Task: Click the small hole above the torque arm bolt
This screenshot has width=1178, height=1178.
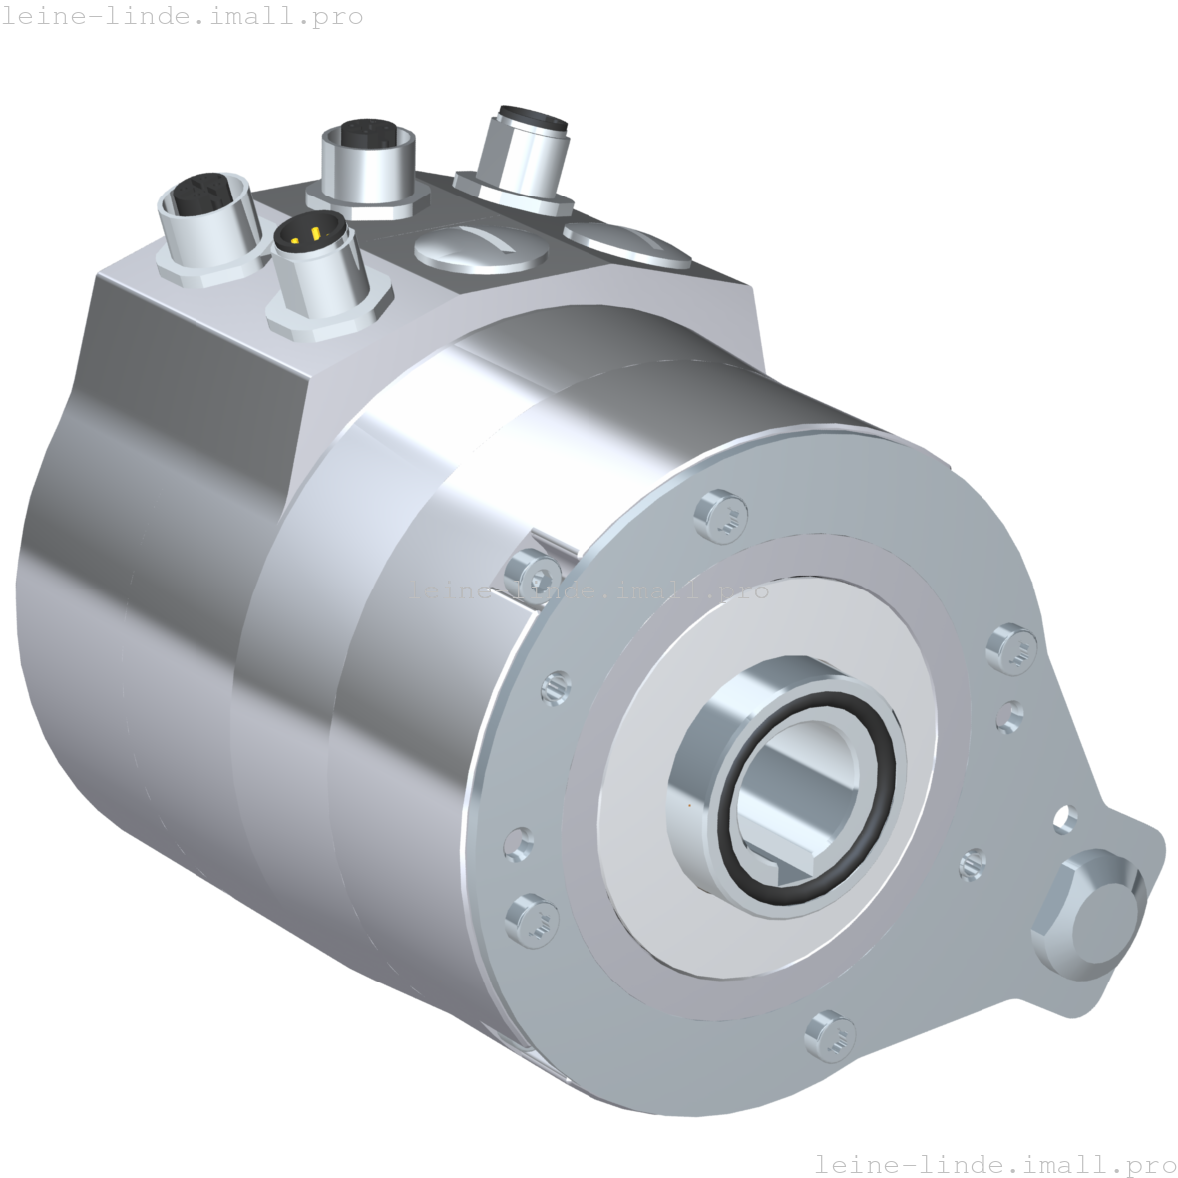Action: point(1066,819)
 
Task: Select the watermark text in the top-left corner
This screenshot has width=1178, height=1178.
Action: point(183,17)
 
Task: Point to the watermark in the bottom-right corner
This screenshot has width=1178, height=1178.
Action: point(994,1164)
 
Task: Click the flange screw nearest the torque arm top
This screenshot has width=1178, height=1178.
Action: point(1012,646)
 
